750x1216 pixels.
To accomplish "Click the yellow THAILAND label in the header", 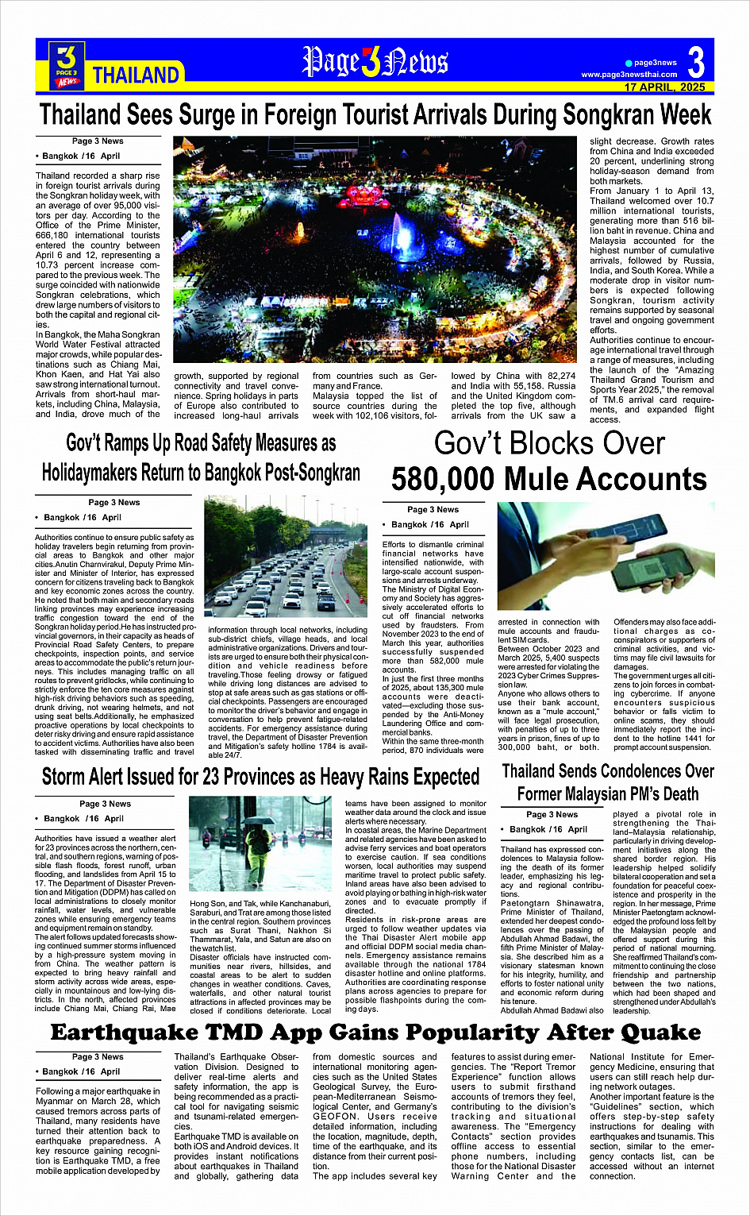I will [x=136, y=75].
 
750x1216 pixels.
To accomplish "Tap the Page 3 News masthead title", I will [x=375, y=62].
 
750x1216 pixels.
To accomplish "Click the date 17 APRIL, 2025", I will [x=664, y=87].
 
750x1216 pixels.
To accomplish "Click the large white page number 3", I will [x=696, y=61].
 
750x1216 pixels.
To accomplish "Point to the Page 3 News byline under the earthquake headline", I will [x=98, y=1056].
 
